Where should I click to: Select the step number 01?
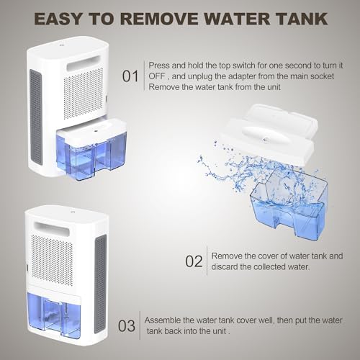point(130,76)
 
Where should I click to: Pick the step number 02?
point(194,261)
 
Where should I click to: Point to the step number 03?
point(127,326)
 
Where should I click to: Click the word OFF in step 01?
point(157,76)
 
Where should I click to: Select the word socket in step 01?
point(322,76)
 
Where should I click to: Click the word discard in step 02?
point(224,266)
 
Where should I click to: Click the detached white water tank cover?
point(269,133)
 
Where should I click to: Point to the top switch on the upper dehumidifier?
point(60,45)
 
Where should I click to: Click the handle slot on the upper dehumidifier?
point(83,63)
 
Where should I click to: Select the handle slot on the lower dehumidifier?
point(52,229)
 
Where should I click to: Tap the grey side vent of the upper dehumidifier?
point(36,117)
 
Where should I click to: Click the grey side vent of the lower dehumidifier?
point(100,284)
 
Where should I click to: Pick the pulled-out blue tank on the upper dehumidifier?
point(91,150)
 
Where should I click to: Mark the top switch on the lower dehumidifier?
point(71,212)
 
